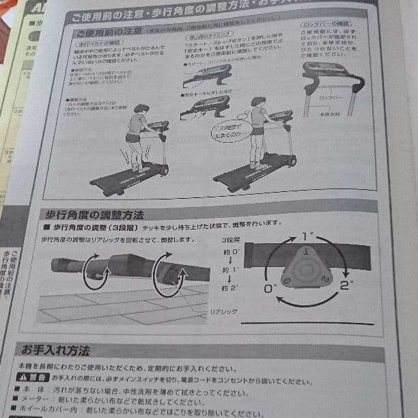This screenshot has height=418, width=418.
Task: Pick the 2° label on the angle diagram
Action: tap(346, 285)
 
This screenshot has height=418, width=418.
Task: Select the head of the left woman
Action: tap(141, 110)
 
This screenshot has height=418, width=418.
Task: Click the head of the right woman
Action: tap(257, 103)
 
